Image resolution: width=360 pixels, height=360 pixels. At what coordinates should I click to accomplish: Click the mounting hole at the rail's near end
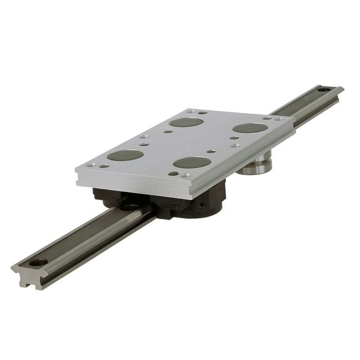coord(38,263)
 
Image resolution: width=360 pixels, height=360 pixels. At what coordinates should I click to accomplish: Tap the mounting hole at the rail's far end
coord(325,89)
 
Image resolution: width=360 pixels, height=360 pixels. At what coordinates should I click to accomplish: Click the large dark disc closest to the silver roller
coord(250,128)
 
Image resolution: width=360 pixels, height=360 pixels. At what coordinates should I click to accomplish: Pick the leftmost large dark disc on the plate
coord(126,155)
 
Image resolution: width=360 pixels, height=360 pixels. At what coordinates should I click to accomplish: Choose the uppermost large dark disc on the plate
coord(186,122)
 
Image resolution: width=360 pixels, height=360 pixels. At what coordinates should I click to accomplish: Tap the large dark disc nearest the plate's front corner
coord(192,162)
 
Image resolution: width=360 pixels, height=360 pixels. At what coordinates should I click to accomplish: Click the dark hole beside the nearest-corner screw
coord(173,173)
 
